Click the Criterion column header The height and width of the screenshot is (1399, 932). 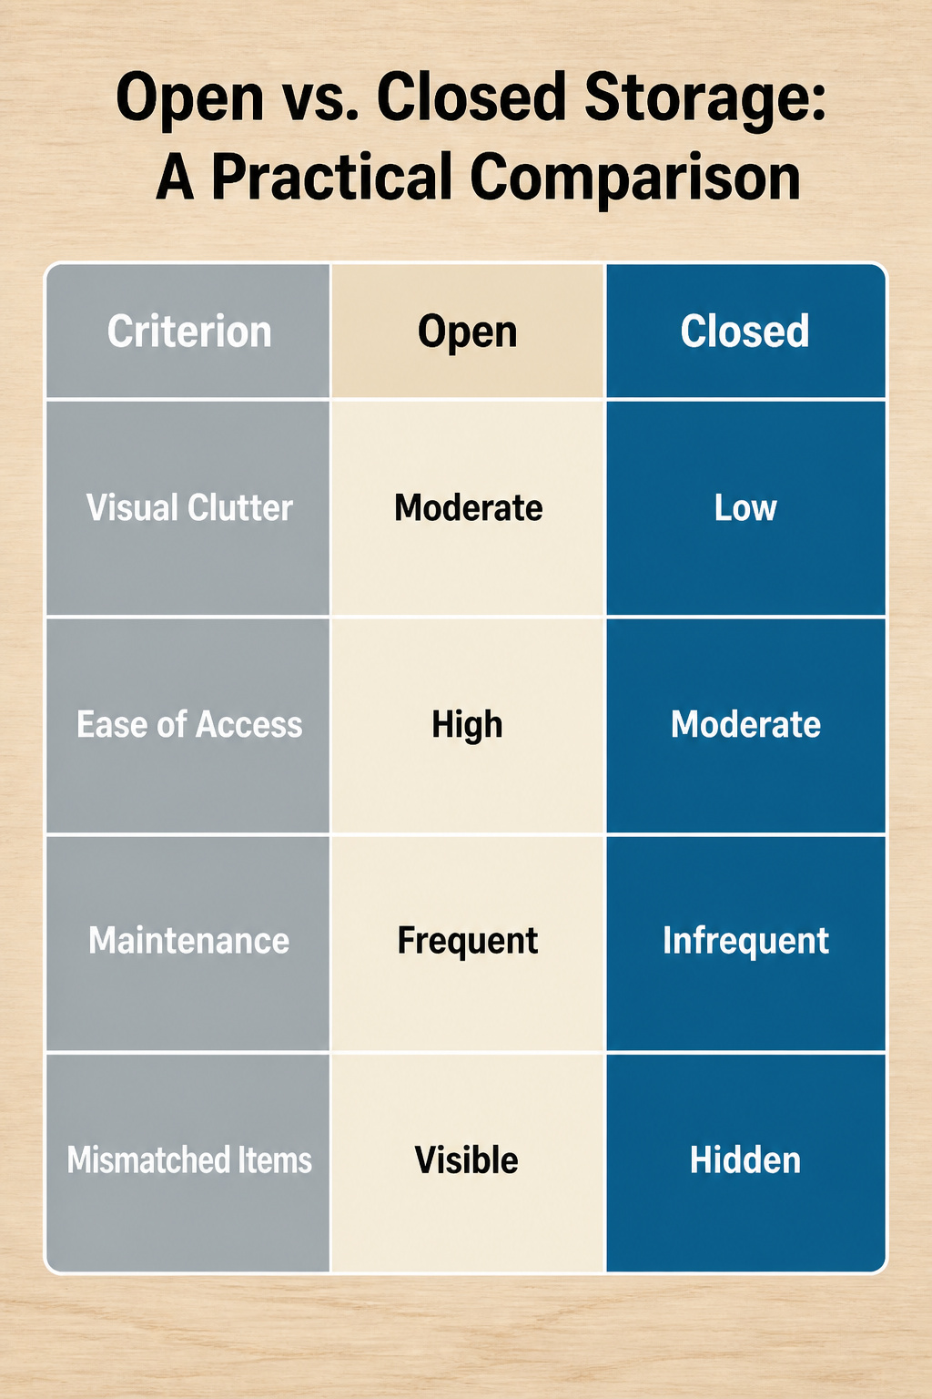(189, 331)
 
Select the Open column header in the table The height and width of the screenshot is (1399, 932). (468, 332)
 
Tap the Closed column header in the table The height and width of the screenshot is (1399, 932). (745, 331)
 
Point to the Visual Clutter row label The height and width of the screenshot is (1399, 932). (189, 507)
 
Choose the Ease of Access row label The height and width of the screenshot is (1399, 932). (189, 724)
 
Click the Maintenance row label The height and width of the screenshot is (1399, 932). (189, 941)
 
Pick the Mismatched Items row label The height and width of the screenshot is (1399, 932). (189, 1159)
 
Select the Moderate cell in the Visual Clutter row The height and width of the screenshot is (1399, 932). (468, 507)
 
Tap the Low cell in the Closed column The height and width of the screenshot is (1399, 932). (745, 507)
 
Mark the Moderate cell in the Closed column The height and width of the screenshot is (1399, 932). (746, 724)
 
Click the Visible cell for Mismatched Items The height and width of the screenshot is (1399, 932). (467, 1160)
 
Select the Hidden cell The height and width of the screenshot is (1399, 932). (745, 1160)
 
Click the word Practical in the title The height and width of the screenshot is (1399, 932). (331, 177)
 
